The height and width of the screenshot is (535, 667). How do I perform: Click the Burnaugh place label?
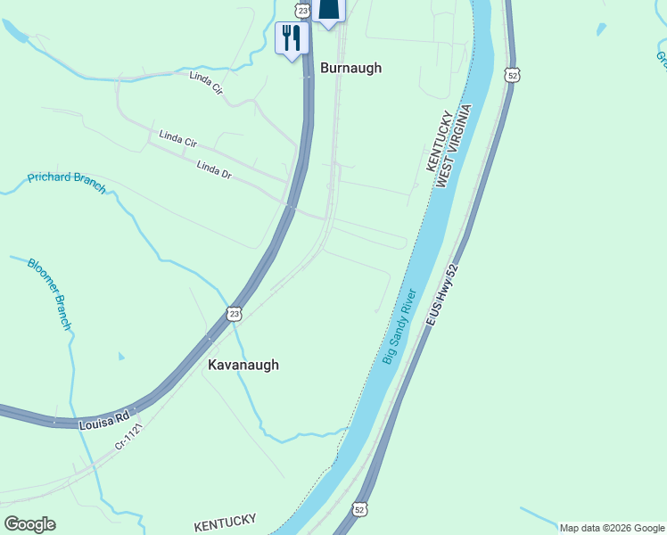click(x=350, y=68)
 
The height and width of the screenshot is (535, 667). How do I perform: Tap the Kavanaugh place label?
click(x=243, y=365)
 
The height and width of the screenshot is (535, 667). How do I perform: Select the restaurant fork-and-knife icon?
click(x=292, y=38)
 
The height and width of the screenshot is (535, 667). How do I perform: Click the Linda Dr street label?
click(x=214, y=168)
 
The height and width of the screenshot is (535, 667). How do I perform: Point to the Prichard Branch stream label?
click(x=67, y=182)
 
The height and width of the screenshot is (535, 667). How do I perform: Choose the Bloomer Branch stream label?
click(x=49, y=294)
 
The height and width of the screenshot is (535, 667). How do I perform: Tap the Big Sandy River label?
click(x=400, y=325)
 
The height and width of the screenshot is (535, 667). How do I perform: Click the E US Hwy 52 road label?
click(x=441, y=295)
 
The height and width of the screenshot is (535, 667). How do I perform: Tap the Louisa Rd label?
click(x=103, y=418)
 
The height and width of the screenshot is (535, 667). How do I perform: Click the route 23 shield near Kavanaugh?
click(x=234, y=313)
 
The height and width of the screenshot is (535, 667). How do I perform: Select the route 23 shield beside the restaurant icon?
click(x=303, y=10)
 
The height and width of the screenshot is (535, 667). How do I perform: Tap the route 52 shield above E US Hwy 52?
click(x=511, y=76)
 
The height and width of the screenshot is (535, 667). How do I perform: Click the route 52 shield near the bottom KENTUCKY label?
click(x=359, y=508)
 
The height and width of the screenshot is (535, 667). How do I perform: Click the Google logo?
click(x=29, y=523)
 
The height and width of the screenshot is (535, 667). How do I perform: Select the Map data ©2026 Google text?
click(x=611, y=528)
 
